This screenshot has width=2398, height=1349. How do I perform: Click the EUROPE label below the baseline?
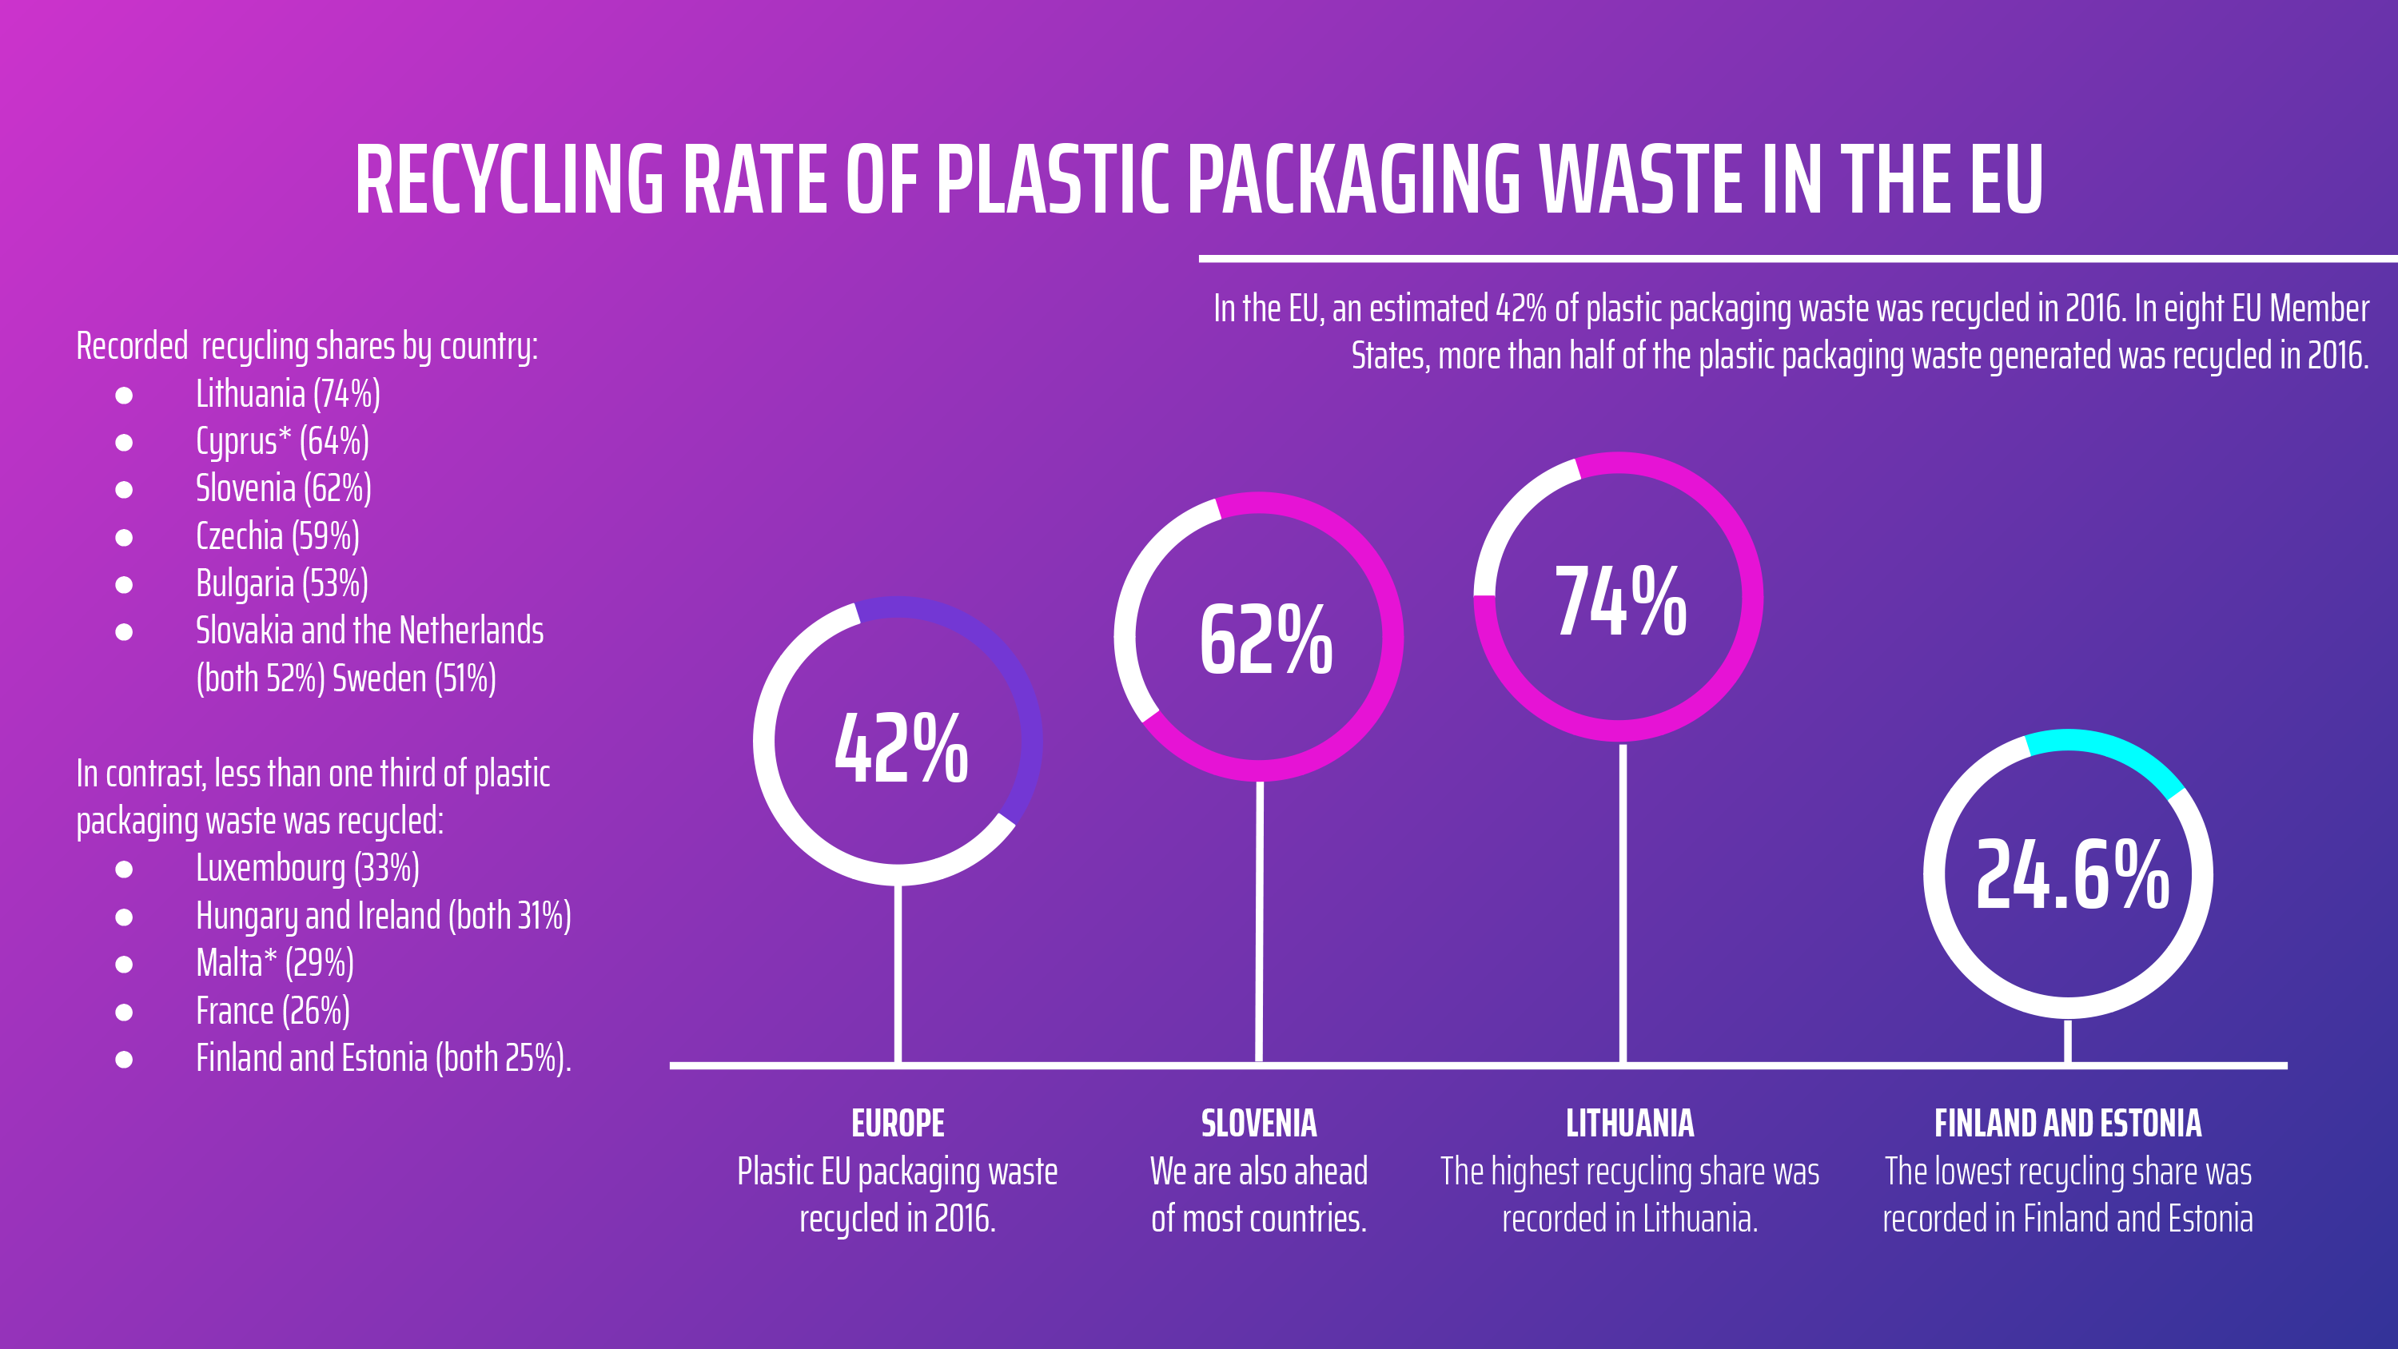898,1123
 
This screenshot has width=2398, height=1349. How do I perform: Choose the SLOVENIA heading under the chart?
1259,1123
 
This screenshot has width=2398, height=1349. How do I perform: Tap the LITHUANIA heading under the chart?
1629,1123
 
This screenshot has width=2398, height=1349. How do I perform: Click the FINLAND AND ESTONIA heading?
2068,1123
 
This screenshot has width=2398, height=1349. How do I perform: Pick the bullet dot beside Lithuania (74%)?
124,396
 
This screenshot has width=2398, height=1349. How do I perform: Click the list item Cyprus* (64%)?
282,441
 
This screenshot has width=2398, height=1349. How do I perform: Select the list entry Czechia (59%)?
277,536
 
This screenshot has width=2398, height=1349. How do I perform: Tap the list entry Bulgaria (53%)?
282,583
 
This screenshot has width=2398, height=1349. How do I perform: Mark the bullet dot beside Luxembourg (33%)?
124,869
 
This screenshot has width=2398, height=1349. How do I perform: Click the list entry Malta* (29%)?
275,963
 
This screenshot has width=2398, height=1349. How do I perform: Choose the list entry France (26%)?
273,1011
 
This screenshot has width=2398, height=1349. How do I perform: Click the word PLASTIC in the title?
1052,180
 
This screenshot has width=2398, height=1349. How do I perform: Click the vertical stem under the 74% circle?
1623,903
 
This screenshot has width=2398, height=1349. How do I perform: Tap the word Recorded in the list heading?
132,345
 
